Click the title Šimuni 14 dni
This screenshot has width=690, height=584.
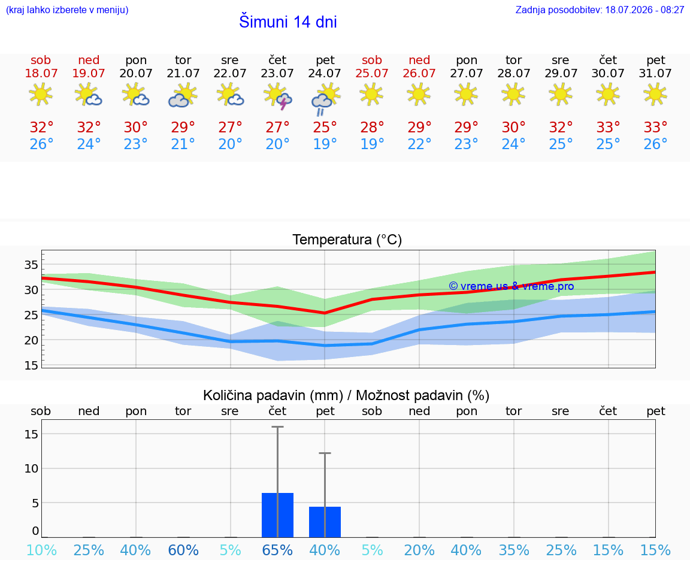click(287, 22)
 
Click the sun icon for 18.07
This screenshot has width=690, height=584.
click(41, 95)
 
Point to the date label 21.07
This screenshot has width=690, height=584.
click(183, 73)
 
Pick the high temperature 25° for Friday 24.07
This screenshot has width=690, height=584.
click(325, 127)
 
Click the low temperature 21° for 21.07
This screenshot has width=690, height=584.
click(183, 144)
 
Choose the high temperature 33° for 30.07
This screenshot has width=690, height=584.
click(608, 127)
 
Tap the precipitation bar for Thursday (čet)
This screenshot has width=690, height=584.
click(277, 515)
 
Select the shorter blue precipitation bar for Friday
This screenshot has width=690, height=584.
click(325, 522)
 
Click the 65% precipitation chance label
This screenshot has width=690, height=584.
click(277, 550)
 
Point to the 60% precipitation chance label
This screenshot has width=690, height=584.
click(183, 550)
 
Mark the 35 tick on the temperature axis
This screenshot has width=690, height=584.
click(31, 265)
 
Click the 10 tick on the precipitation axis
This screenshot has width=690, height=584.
click(31, 468)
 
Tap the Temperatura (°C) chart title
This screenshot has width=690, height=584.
click(347, 240)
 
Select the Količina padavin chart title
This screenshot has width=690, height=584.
click(346, 395)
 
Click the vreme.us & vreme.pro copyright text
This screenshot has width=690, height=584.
click(512, 286)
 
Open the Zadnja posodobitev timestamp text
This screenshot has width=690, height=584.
click(600, 10)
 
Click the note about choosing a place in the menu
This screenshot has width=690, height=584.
click(67, 10)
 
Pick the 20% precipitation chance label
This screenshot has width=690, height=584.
click(419, 550)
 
